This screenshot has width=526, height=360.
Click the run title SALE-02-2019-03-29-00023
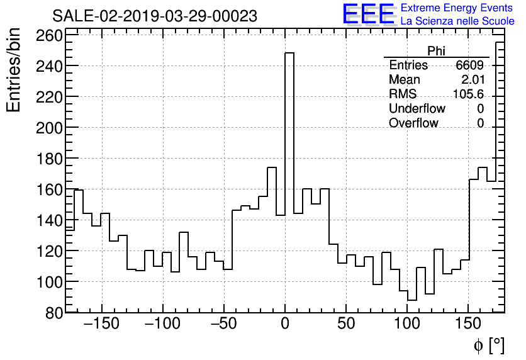point(154,16)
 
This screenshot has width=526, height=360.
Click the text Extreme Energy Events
point(457,8)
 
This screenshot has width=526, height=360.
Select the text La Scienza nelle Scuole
point(457,21)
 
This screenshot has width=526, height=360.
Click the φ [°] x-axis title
point(488,346)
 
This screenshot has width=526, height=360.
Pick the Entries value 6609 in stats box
point(470,65)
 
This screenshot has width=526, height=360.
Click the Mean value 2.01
point(473,80)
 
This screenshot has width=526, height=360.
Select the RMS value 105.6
point(468,94)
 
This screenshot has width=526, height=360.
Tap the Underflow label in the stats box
point(417,109)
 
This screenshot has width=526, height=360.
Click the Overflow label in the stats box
point(413,123)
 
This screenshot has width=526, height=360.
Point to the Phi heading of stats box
point(436,51)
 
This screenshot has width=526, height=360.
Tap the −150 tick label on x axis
point(101,325)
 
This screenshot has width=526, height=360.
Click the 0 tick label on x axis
point(285,325)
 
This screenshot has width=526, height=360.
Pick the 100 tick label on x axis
point(407,325)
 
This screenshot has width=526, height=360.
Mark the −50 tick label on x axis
point(224,325)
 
